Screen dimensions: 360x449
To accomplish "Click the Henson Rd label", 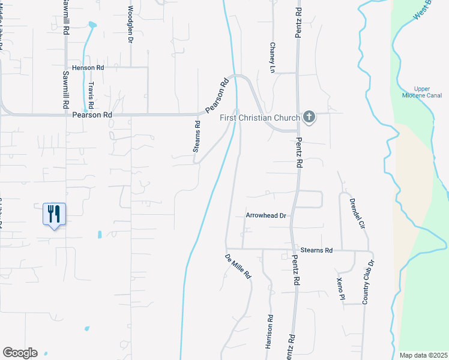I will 88,68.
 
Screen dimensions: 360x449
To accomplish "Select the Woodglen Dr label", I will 130,24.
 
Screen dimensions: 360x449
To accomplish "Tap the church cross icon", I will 309,117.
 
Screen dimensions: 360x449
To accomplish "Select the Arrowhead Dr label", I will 265,215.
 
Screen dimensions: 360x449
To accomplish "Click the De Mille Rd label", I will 238,266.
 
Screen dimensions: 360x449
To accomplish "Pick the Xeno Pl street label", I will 340,289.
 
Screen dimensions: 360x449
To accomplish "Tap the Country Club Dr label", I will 370,281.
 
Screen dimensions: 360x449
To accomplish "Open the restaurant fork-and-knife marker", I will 54,214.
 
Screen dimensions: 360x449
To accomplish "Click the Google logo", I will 20,353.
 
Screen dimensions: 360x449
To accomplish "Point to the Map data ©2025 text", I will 424,355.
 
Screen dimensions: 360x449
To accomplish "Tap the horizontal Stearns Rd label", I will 317,250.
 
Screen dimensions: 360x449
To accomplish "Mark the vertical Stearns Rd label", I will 197,142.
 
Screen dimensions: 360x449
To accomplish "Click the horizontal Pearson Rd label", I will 92,114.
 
